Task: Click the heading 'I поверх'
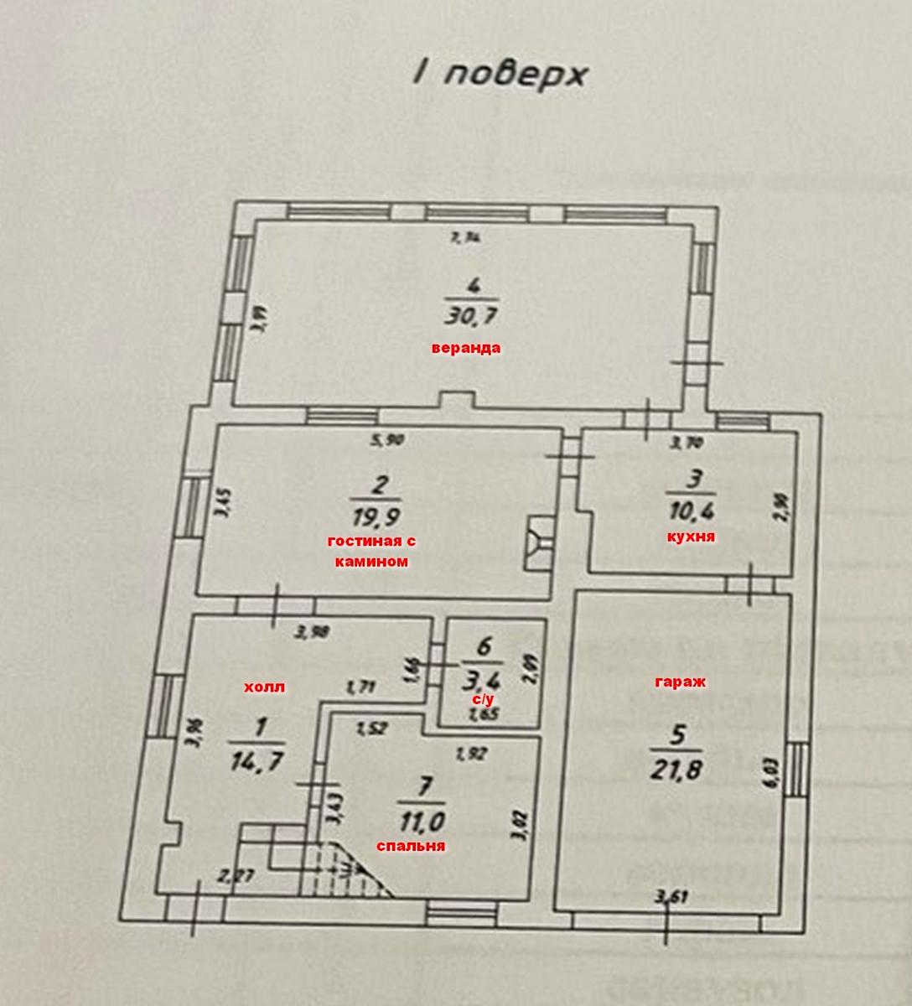tap(500, 74)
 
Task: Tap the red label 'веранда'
tap(466, 348)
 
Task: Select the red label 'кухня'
tap(692, 537)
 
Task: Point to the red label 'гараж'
tap(680, 682)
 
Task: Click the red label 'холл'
tap(264, 687)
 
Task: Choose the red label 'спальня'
tap(411, 847)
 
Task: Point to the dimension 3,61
tap(671, 899)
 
